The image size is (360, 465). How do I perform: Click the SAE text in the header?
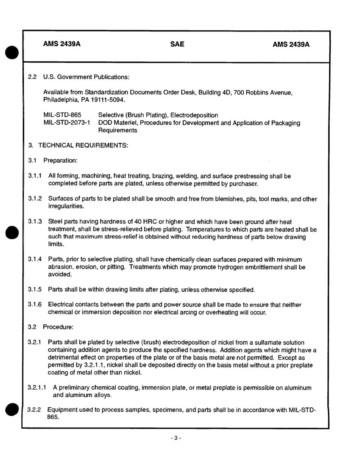pyautogui.click(x=177, y=44)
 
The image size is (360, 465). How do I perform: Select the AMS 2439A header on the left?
pyautogui.click(x=62, y=44)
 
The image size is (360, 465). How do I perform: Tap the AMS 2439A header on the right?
pyautogui.click(x=291, y=45)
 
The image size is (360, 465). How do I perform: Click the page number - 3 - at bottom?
pyautogui.click(x=176, y=438)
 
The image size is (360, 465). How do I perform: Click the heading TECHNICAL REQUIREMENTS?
pyautogui.click(x=83, y=145)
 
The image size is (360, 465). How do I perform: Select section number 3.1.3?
pyautogui.click(x=35, y=222)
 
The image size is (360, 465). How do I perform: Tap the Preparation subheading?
pyautogui.click(x=60, y=160)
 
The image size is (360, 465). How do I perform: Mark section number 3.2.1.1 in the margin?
pyautogui.click(x=37, y=388)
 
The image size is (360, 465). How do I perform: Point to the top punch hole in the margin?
pyautogui.click(x=12, y=52)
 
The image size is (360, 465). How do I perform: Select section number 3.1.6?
pyautogui.click(x=35, y=305)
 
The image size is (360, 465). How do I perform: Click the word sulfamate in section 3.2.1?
pyautogui.click(x=260, y=342)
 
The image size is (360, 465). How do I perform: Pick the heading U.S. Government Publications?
pyautogui.click(x=86, y=77)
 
